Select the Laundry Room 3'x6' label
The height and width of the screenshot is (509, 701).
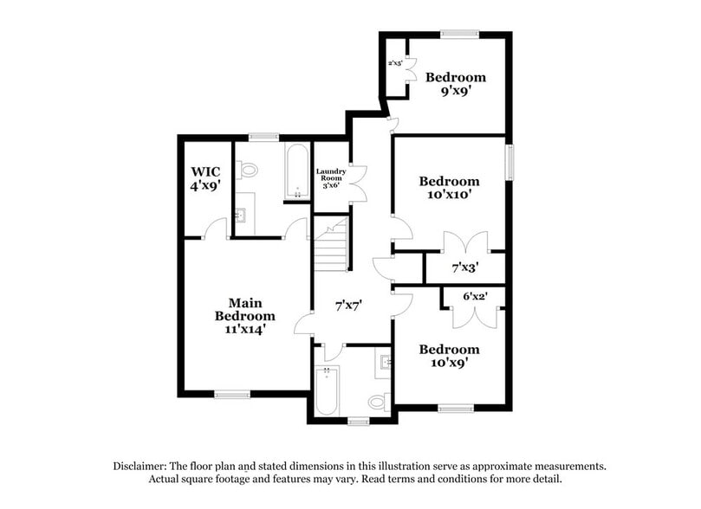(x=330, y=177)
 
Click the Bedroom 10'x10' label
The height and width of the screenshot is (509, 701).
(x=449, y=188)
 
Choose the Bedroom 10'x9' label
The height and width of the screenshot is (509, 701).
(x=449, y=356)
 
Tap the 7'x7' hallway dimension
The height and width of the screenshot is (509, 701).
(x=348, y=305)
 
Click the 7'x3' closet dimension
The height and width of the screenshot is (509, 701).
(x=465, y=267)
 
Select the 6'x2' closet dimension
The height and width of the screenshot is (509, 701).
(x=474, y=296)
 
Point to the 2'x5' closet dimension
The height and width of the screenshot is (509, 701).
(x=396, y=63)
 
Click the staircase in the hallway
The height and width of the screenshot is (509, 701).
(x=331, y=246)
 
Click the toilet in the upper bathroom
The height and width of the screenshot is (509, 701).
(x=249, y=171)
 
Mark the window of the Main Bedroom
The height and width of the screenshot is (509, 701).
(x=232, y=395)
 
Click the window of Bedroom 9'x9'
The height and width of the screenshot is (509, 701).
(x=459, y=34)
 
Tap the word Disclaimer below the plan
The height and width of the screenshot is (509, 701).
(x=141, y=466)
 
